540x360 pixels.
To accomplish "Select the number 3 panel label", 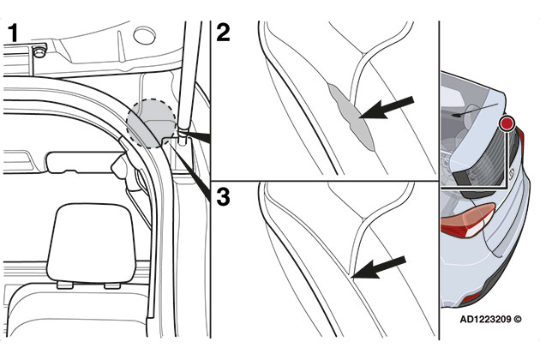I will [x=223, y=197].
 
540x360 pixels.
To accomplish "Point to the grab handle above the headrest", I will [x=81, y=160].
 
